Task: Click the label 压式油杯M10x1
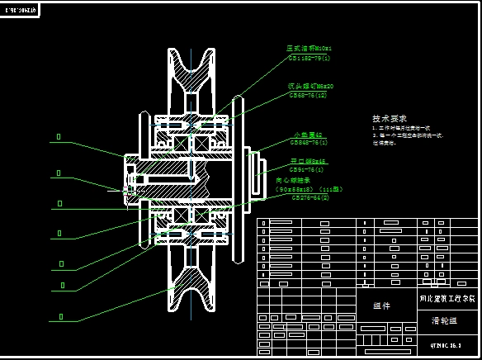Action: pyautogui.click(x=309, y=49)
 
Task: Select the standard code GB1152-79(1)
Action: pyautogui.click(x=310, y=58)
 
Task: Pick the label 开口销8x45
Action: pyautogui.click(x=307, y=162)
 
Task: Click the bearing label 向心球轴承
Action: pyautogui.click(x=293, y=180)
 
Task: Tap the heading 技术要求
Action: pyautogui.click(x=390, y=119)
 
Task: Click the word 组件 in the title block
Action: pyautogui.click(x=382, y=306)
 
